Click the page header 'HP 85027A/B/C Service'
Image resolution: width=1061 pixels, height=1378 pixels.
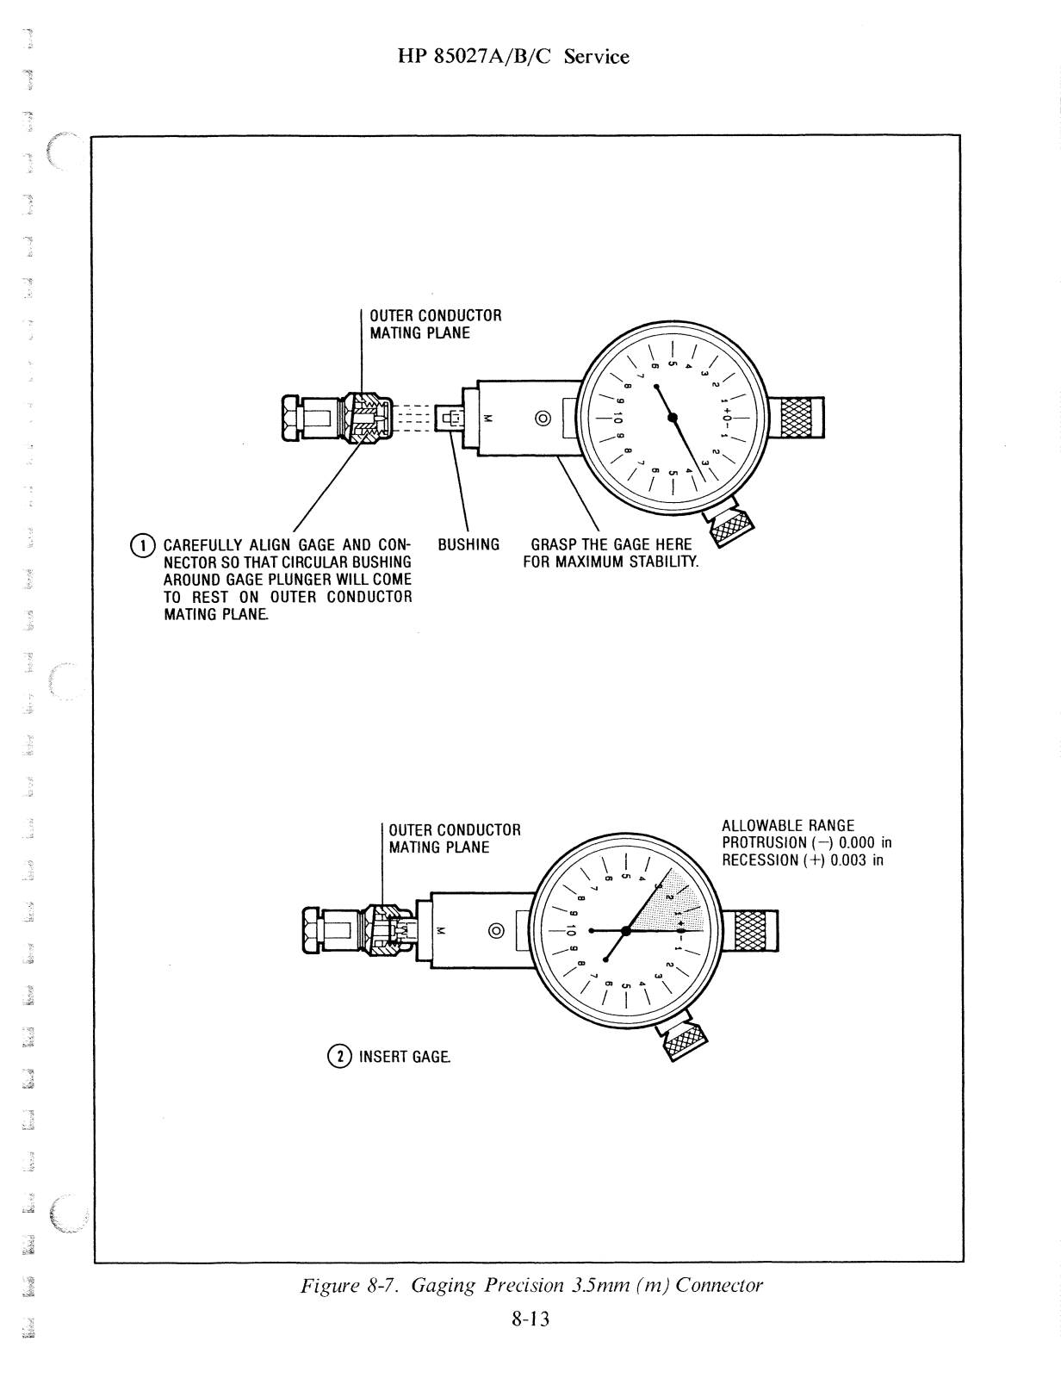pos(514,57)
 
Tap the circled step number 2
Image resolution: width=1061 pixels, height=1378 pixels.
pos(341,1056)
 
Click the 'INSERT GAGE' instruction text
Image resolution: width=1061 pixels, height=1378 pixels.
pos(404,1056)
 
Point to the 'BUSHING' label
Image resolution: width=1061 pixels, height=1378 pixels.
pos(468,544)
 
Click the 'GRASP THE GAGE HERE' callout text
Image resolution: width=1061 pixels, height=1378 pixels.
pos(611,544)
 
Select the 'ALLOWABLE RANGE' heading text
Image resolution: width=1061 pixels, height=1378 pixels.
pos(788,826)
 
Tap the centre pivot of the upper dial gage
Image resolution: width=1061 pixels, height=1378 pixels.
pos(673,419)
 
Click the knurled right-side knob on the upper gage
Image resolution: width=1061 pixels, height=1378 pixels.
pos(801,419)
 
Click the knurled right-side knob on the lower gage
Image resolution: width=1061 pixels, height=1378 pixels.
pos(754,931)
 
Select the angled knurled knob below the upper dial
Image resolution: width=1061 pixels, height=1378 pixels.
pos(730,526)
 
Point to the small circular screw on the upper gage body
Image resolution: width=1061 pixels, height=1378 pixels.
pos(543,419)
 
